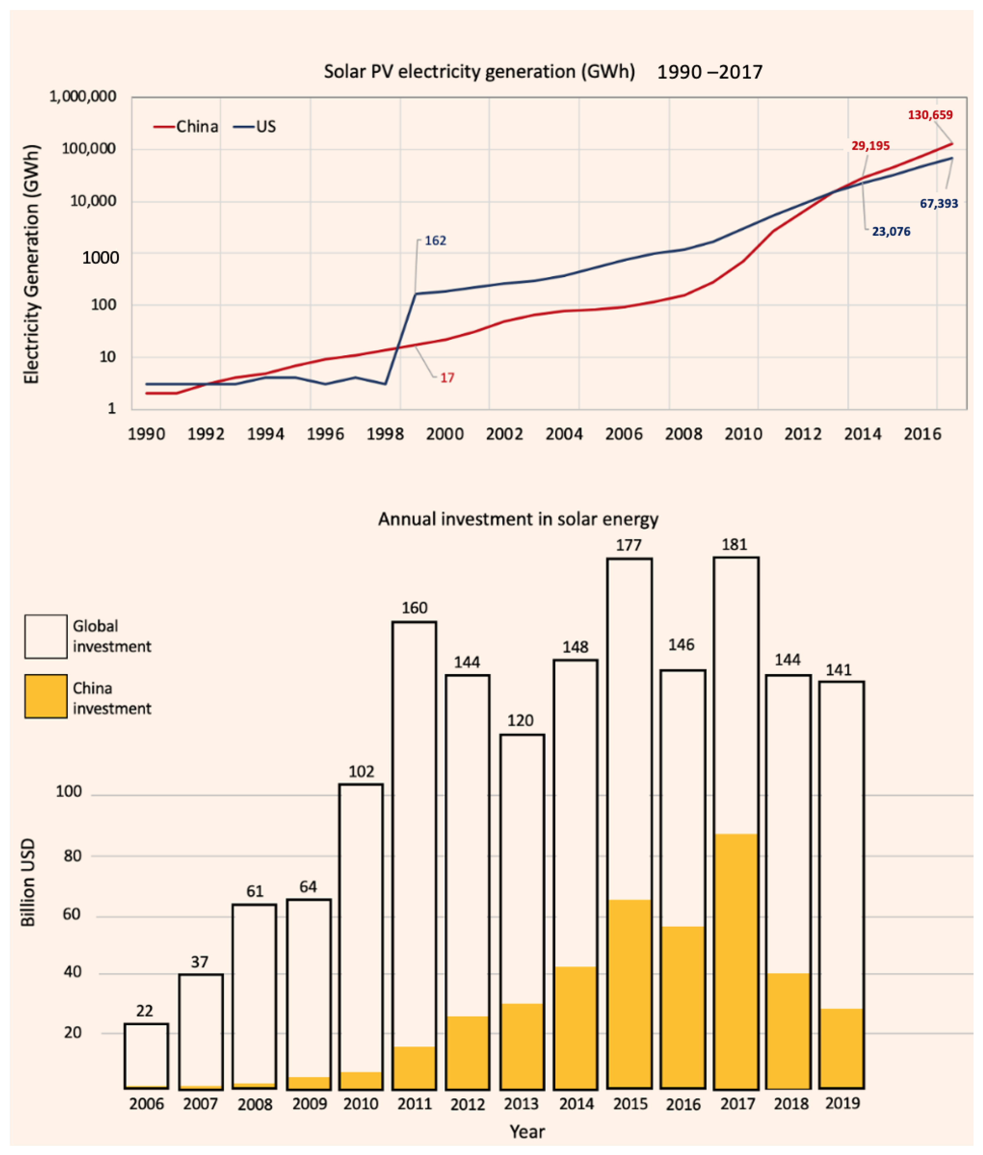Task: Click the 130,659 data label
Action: tap(930, 115)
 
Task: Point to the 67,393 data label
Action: tap(938, 203)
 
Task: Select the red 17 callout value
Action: tap(447, 378)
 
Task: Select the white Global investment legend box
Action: tap(46, 636)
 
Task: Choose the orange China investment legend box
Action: tap(46, 696)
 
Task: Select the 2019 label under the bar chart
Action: tap(842, 1103)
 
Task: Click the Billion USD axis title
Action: tap(28, 883)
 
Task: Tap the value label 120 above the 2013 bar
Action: tap(520, 720)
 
